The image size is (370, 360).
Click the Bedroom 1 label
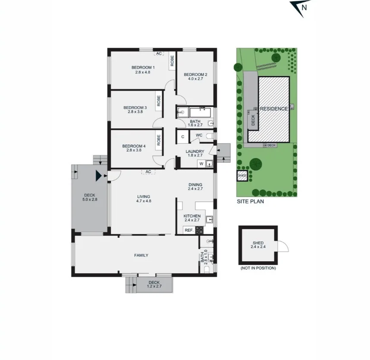[x=143, y=68]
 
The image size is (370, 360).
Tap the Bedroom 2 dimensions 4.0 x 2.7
[x=197, y=79]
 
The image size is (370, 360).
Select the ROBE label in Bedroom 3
[x=159, y=101]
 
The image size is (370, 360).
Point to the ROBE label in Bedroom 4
[x=159, y=139]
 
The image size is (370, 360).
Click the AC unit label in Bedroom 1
[x=159, y=54]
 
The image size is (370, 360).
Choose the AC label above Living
[x=148, y=172]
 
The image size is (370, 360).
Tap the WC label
[x=199, y=136]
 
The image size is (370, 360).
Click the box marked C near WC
[x=182, y=137]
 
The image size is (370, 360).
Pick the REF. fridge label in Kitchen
[x=189, y=230]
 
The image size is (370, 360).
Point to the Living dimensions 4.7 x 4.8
[x=144, y=201]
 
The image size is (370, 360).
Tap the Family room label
[x=141, y=256]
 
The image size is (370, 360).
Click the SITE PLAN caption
[x=250, y=201]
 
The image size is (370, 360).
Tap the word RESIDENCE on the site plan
[x=273, y=109]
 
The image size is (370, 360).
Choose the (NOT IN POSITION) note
[x=258, y=268]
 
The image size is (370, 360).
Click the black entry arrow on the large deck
[x=99, y=176]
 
